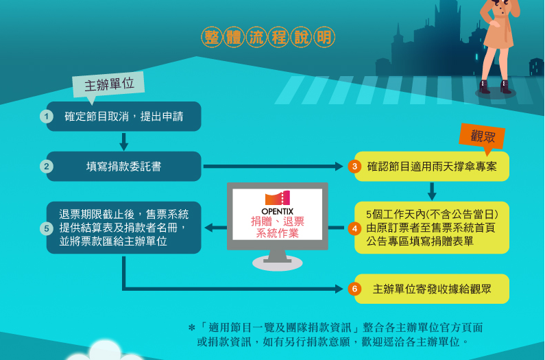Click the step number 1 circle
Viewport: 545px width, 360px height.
[x=47, y=117]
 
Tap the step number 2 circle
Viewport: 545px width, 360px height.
[x=47, y=166]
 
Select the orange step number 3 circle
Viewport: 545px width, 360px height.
[x=354, y=166]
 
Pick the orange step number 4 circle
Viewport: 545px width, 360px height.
[x=354, y=228]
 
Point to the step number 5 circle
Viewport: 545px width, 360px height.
[x=47, y=228]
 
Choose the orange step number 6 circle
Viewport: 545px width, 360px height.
[x=354, y=289]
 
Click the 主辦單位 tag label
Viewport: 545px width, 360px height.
[x=109, y=84]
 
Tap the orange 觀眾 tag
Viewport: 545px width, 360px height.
[x=483, y=136]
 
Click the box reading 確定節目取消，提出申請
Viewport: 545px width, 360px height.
[x=124, y=117]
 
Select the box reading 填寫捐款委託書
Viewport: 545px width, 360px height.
[x=124, y=166]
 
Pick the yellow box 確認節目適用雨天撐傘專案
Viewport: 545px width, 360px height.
[x=432, y=166]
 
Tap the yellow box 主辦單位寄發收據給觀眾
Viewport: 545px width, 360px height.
[x=432, y=289]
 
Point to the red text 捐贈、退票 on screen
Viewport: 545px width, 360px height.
[x=278, y=221]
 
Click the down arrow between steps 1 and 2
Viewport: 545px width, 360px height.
[x=124, y=142]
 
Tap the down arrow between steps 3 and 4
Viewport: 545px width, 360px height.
[x=432, y=191]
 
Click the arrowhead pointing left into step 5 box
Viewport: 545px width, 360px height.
[x=208, y=228]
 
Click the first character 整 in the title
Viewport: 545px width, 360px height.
[x=211, y=36]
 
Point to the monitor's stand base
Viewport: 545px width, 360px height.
[x=278, y=263]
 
